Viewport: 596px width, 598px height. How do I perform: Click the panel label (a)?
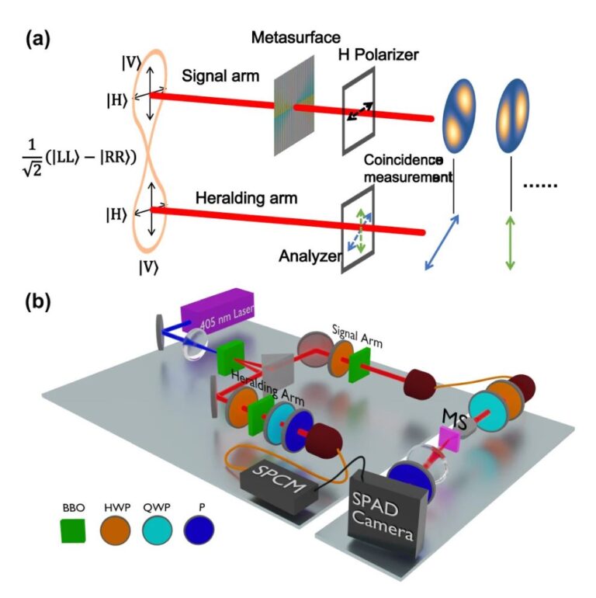pos(38,37)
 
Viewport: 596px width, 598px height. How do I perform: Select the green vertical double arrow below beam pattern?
pos(510,242)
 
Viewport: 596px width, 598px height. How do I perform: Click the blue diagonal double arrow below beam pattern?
pos(441,242)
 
